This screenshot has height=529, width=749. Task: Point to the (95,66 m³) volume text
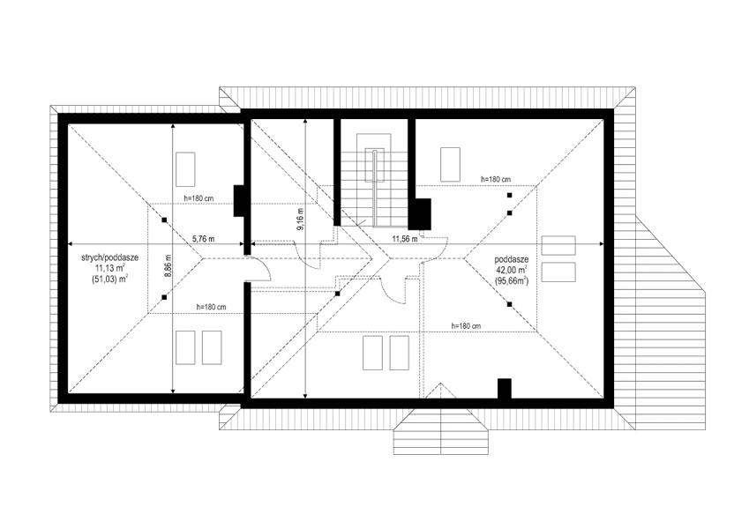(512, 281)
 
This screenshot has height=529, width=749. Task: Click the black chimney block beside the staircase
(420, 212)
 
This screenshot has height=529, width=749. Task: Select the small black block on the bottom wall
(505, 389)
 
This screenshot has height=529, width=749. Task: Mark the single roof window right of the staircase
(450, 163)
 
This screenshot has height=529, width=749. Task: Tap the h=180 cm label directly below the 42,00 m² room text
(465, 325)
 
